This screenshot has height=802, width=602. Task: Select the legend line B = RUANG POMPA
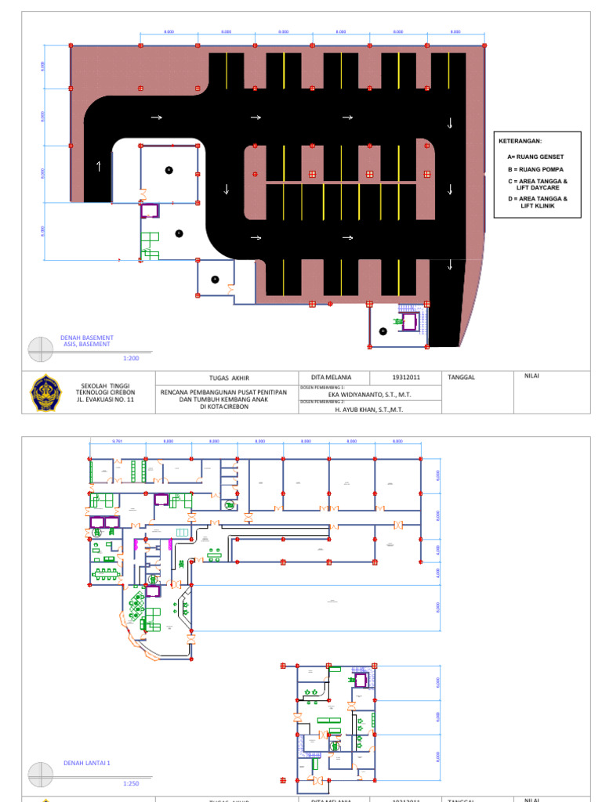point(535,169)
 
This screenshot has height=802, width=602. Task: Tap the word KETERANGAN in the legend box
point(520,141)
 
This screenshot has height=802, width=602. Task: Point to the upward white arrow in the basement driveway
point(99,165)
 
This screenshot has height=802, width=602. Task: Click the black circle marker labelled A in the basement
point(214,279)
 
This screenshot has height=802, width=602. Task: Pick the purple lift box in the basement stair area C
point(149,210)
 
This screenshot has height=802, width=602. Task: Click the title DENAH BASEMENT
point(87,338)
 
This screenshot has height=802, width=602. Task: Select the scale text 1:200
point(131,358)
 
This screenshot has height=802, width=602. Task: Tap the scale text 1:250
point(131,783)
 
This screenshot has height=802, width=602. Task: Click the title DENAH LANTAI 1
point(86,762)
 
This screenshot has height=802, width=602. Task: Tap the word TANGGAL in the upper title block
point(461,377)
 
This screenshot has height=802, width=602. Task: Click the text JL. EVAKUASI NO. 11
point(106,399)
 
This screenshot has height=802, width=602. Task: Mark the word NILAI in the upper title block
point(532,375)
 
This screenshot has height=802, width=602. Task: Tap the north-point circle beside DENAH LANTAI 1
point(41,775)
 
